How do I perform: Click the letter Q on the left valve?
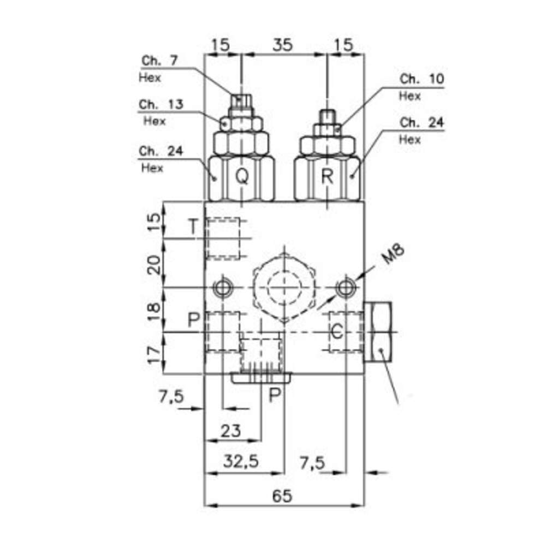242,176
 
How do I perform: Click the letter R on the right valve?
327,176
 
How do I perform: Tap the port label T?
193,226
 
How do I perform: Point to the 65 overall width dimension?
282,496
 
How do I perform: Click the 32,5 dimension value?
241,461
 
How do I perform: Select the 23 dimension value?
230,431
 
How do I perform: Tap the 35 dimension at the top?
282,45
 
